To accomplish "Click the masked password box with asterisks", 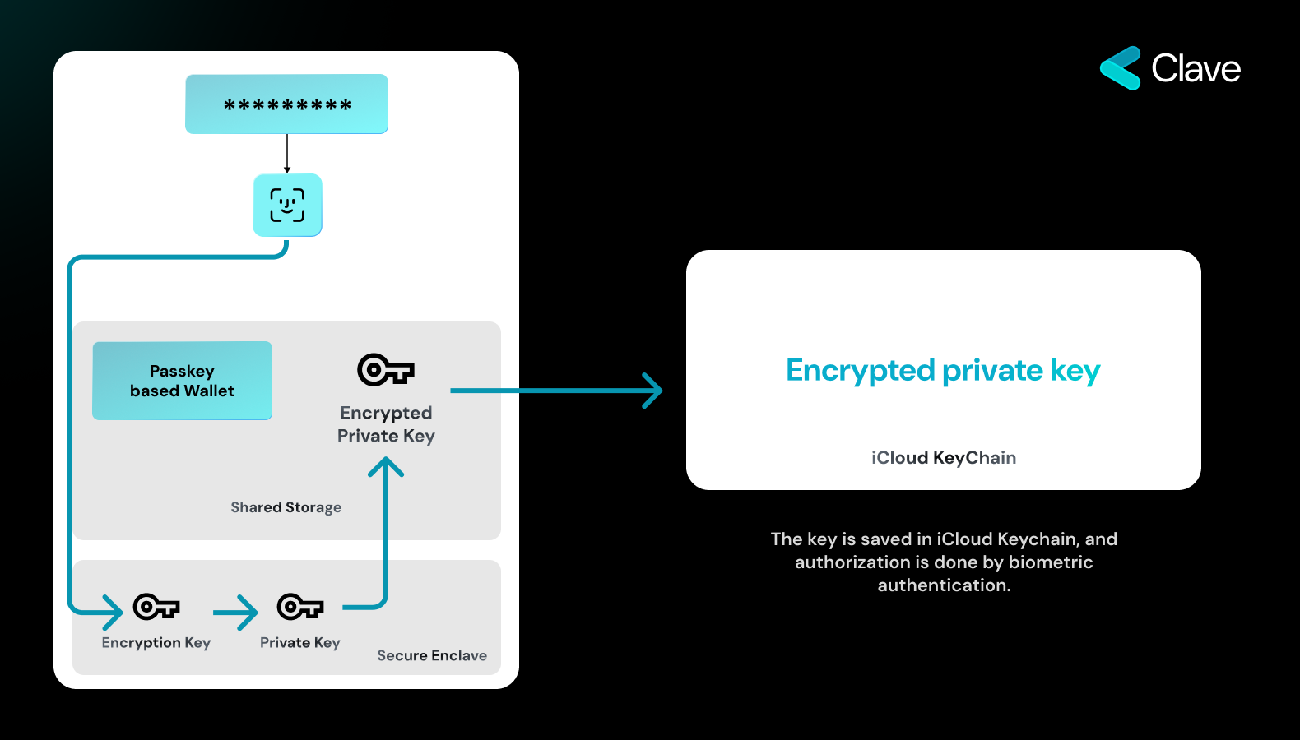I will (x=286, y=104).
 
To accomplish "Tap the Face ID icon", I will (x=287, y=205).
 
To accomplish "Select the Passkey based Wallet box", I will (x=182, y=381).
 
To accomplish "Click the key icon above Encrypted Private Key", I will (x=385, y=370).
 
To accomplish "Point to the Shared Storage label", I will (x=286, y=507).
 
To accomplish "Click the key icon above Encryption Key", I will (x=156, y=607).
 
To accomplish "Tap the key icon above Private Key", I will (x=300, y=607).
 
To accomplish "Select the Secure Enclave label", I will (x=432, y=655).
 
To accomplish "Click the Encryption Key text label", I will (x=156, y=642).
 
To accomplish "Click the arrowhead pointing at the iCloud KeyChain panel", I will (x=653, y=391).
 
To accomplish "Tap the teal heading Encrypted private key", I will (x=943, y=371).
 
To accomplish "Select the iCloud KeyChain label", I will (x=944, y=457).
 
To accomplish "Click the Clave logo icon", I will (x=1121, y=68).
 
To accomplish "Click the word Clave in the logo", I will (x=1196, y=68).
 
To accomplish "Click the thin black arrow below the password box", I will (x=287, y=154).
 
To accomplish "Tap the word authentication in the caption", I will (x=943, y=585).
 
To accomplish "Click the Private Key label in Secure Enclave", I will (x=300, y=642).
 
